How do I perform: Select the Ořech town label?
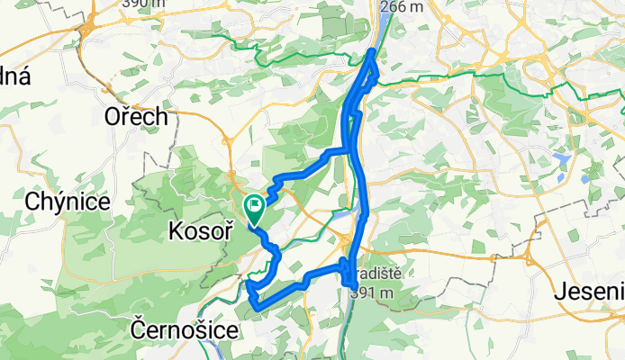tap(136, 117)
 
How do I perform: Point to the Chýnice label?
tap(68, 202)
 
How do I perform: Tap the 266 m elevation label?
tap(402, 7)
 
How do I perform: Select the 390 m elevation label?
tap(145, 4)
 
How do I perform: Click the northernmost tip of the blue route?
tap(373, 52)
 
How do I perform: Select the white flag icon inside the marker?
tap(255, 206)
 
